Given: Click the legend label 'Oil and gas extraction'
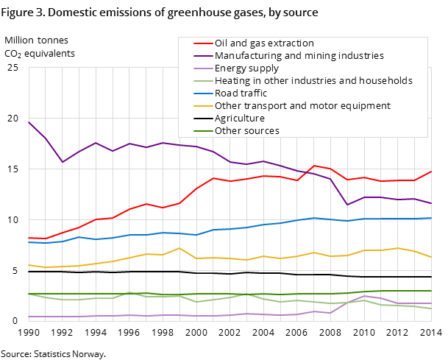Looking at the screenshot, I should click(264, 43).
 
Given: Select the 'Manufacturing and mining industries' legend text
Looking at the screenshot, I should click(299, 56).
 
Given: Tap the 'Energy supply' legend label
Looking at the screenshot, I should click(246, 68).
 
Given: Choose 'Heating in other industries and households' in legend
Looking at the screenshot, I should click(313, 81).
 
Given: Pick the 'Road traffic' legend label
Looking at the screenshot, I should click(241, 93).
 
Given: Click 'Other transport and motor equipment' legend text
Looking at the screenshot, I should click(302, 106).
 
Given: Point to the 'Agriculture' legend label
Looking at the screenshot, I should click(240, 119).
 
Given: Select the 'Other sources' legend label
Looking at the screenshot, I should click(247, 131).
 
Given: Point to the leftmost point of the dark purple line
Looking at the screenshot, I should click(29, 121).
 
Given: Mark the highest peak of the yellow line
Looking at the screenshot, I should click(179, 248).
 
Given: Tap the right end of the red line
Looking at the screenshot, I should click(432, 171).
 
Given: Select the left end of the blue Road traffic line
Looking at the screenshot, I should click(29, 242).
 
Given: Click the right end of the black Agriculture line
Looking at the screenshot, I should click(432, 278).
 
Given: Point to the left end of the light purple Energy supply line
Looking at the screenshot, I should click(29, 317).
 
